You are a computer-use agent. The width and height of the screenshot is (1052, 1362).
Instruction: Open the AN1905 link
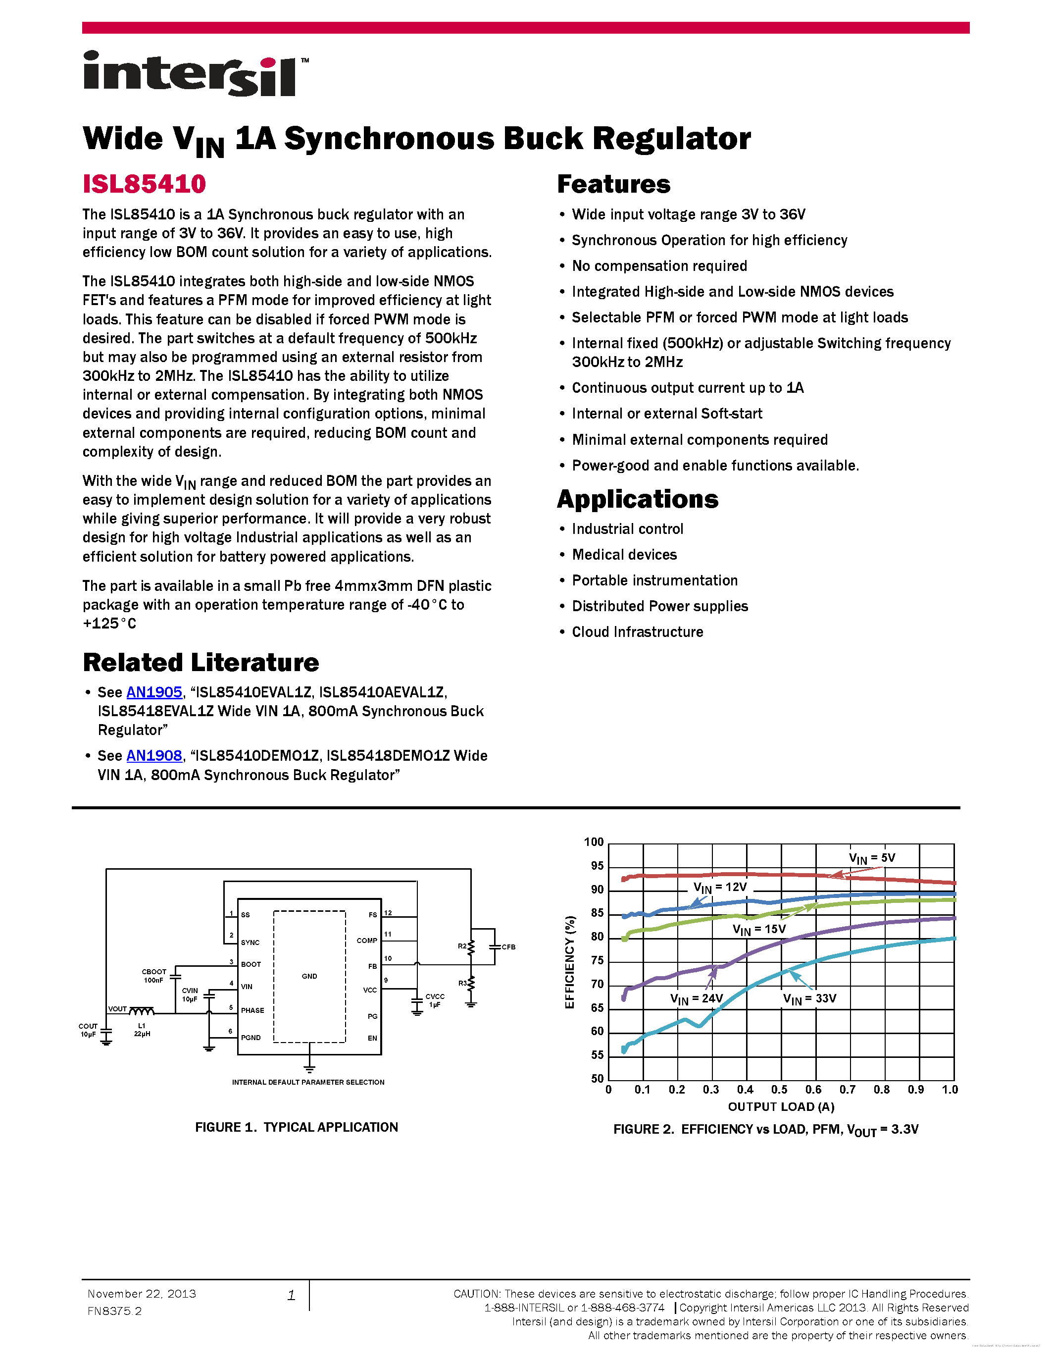pos(154,692)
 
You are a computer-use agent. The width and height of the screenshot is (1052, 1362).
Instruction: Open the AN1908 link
pos(154,756)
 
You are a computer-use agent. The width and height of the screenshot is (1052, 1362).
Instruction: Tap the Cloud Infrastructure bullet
pos(637,632)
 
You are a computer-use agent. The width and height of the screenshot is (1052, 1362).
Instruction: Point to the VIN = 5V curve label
pos(871,858)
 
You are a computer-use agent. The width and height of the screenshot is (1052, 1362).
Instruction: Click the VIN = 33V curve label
pos(809,998)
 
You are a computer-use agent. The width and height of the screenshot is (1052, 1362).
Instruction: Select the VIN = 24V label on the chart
pos(696,998)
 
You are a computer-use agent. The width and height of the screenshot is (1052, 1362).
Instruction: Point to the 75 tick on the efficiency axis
pos(597,960)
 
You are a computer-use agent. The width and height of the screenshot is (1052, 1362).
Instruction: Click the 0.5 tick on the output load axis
pos(779,1090)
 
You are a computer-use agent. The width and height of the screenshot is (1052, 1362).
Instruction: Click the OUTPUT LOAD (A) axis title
pos(781,1106)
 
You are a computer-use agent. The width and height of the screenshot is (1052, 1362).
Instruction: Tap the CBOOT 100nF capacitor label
pos(154,975)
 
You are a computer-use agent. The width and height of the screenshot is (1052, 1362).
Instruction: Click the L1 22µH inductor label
pos(142,1030)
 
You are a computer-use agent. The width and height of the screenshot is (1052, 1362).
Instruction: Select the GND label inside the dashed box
pos(309,976)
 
